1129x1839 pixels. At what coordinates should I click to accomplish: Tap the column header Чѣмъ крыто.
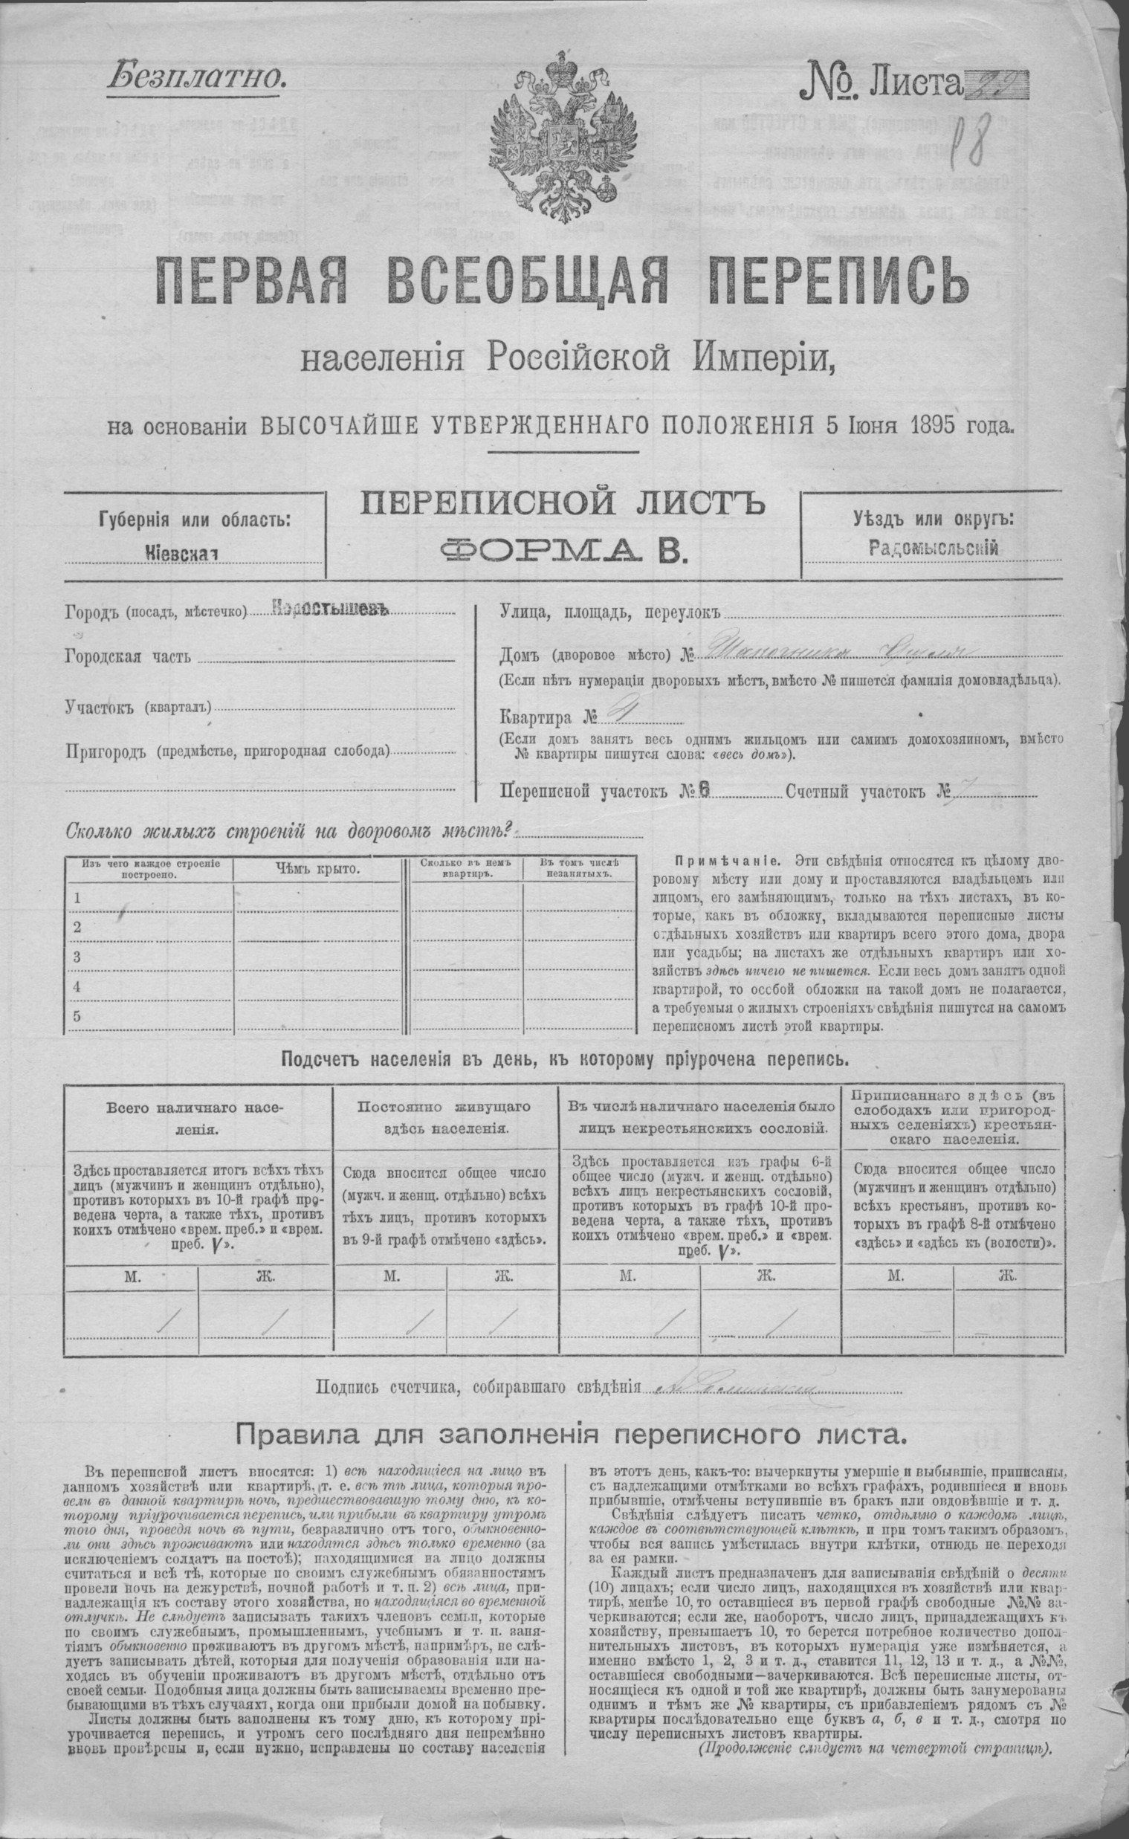(x=318, y=869)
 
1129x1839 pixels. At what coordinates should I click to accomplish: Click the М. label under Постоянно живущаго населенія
(x=389, y=1277)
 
